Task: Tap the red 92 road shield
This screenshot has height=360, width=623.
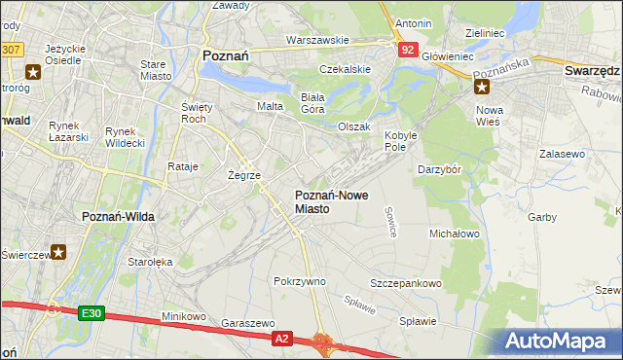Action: pos(408,48)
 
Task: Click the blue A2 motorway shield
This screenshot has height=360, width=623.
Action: pos(281,338)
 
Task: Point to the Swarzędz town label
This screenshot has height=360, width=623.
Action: pos(592,71)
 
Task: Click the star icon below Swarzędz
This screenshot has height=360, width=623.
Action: pos(481,87)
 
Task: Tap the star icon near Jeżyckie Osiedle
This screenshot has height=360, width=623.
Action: pos(34,71)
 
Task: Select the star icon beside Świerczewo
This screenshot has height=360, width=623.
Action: pos(58,252)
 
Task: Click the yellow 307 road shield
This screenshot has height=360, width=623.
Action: pos(11,48)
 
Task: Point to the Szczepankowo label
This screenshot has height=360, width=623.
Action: pos(405,283)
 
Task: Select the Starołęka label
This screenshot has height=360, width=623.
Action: pos(150,262)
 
